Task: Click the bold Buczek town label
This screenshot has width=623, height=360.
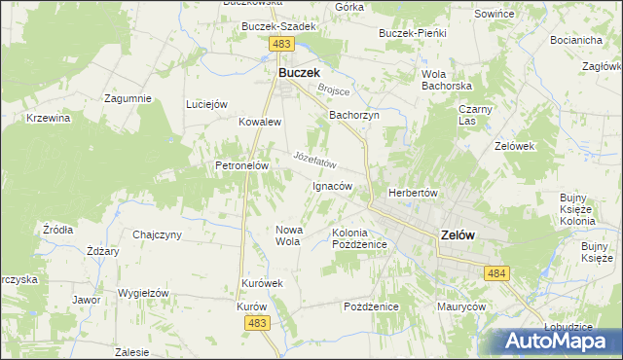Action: click(x=300, y=72)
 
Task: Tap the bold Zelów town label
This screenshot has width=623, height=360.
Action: click(x=458, y=234)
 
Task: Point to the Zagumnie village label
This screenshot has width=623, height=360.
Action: click(x=128, y=98)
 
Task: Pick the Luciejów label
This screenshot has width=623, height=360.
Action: click(x=206, y=104)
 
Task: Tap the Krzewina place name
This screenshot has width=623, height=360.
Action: click(x=49, y=118)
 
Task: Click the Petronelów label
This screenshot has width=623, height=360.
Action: click(x=241, y=165)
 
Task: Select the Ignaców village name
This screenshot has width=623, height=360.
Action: click(x=331, y=185)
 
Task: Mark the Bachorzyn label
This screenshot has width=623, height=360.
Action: click(x=353, y=115)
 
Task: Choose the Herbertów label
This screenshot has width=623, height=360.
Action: click(x=416, y=193)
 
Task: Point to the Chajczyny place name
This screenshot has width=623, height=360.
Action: click(x=158, y=234)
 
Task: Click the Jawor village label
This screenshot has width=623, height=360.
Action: click(x=86, y=300)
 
